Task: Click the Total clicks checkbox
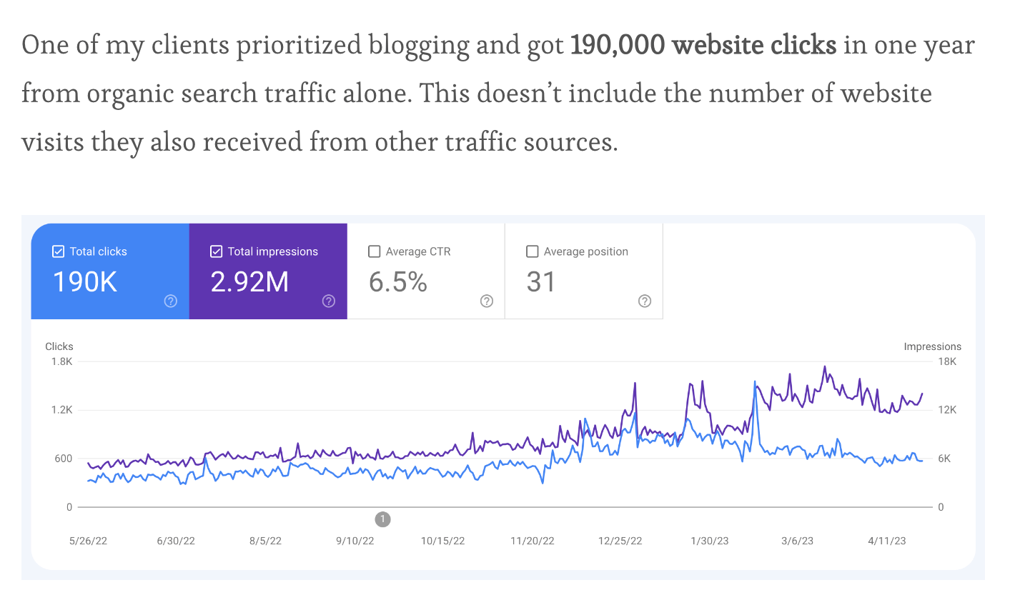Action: (58, 251)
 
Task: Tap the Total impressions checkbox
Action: (216, 251)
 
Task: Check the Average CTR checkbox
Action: (374, 251)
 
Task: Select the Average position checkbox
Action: (532, 251)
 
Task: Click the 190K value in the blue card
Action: (85, 282)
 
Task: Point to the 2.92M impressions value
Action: (249, 282)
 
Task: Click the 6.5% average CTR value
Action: (398, 282)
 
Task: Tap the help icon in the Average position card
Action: (644, 301)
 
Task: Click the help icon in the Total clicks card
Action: (170, 301)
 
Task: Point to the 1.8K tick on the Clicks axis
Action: (61, 361)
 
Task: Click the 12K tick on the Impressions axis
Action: (947, 410)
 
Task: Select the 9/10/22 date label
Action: (355, 541)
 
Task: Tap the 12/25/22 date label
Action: (621, 541)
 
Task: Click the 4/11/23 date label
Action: (886, 541)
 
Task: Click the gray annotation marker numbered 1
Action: (382, 519)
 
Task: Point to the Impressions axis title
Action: (932, 346)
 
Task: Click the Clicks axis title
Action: (59, 346)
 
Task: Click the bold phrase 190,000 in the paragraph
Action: (620, 46)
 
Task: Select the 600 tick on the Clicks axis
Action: (63, 459)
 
